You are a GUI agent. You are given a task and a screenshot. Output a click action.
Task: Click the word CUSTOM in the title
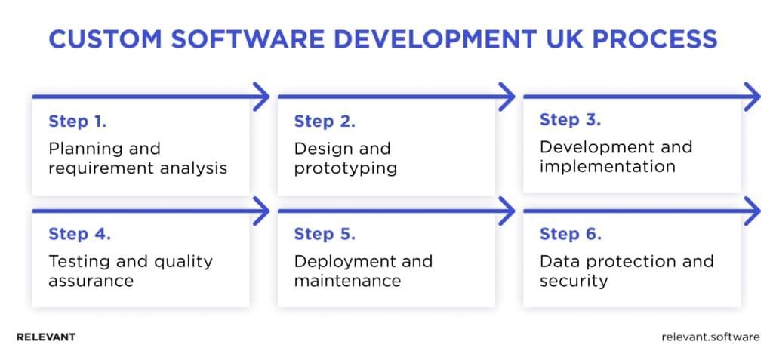coord(105,39)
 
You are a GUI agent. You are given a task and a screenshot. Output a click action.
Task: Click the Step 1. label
coord(78,122)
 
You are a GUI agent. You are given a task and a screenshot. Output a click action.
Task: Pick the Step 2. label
coord(325,122)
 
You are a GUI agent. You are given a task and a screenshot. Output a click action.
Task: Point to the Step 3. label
coord(571,120)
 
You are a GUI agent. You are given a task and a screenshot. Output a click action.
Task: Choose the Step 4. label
coord(80,234)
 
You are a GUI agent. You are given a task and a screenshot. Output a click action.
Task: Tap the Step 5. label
coord(325,234)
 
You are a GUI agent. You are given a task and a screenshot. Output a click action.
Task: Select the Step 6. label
coord(571,234)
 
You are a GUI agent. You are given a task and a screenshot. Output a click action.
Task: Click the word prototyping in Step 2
coord(346,168)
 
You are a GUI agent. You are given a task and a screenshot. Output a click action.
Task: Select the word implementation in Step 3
coord(608,167)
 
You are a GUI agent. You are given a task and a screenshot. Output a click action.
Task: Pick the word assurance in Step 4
coord(91,281)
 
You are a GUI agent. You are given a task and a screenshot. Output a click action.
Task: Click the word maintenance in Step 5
coord(347,281)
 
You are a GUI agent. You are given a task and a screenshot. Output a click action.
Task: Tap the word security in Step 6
coord(574,282)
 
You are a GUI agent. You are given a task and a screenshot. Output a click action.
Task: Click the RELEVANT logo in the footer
coord(46,337)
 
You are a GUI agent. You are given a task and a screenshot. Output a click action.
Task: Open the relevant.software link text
coord(710,337)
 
